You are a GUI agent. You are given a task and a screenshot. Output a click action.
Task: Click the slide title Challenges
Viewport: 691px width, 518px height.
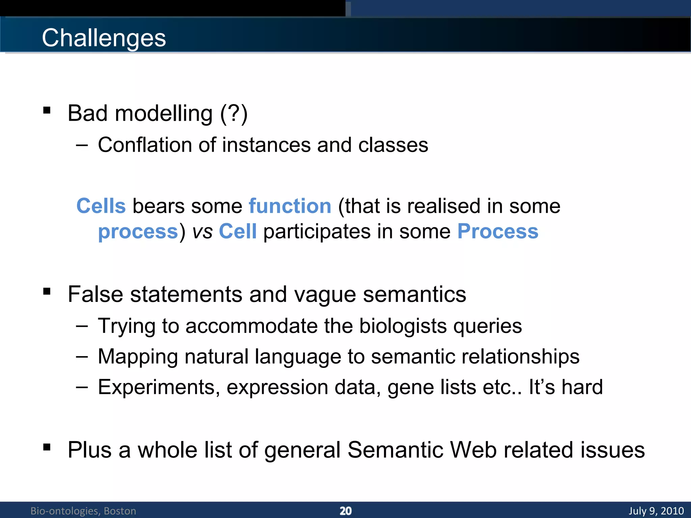click(x=104, y=38)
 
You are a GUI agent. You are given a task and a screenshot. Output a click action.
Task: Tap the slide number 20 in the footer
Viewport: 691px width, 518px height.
click(x=345, y=511)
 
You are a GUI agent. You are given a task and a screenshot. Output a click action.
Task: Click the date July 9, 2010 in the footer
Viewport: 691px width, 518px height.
click(x=656, y=511)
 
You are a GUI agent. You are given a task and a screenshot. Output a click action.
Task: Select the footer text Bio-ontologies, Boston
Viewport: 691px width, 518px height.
click(x=83, y=511)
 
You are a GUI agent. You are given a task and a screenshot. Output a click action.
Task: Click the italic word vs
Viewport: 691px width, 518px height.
click(x=202, y=232)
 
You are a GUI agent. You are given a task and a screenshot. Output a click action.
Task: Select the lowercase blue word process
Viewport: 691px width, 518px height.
click(x=138, y=232)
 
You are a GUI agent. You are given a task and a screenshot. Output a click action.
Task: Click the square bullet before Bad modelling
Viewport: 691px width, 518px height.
click(x=47, y=110)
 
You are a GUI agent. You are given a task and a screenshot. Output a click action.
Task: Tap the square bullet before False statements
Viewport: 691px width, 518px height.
click(x=47, y=291)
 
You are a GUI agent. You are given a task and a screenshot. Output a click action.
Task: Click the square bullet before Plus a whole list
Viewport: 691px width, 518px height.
click(x=47, y=447)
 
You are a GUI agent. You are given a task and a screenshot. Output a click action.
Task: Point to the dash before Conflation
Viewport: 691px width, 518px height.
click(x=82, y=145)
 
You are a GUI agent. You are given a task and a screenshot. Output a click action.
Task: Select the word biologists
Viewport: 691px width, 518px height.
click(x=403, y=326)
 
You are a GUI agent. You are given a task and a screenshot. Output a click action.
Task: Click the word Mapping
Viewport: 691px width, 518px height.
click(x=138, y=357)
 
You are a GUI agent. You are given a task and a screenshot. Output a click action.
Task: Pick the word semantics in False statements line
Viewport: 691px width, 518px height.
click(x=414, y=294)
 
